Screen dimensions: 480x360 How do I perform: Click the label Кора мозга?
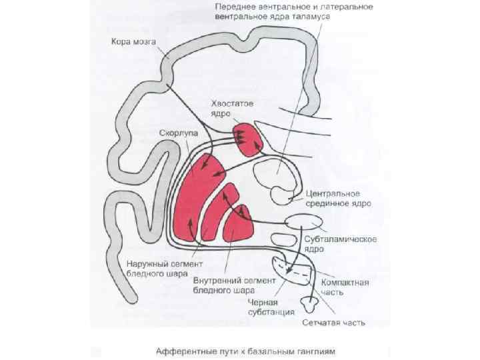point(133,42)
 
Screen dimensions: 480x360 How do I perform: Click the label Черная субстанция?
point(267,306)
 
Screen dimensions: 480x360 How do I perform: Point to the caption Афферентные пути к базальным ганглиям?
point(240,349)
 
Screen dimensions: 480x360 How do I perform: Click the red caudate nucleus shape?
point(248,139)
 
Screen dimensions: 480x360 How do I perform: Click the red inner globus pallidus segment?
point(237,223)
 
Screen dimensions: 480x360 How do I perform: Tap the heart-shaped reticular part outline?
point(308,304)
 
